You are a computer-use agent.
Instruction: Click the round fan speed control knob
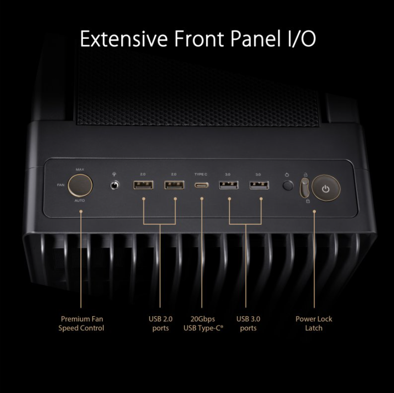point(80,185)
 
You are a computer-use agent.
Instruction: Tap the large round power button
point(326,188)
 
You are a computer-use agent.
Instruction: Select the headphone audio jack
point(115,185)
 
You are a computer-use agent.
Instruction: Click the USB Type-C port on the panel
point(202,185)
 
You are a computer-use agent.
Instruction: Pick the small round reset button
point(288,186)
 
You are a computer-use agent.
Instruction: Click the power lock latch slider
point(304,188)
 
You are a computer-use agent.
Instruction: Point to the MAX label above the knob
point(80,169)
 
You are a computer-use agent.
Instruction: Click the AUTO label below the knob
point(80,200)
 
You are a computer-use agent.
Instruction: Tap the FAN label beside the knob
point(60,185)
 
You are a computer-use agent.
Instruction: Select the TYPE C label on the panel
point(201,174)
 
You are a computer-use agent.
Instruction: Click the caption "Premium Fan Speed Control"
point(81,323)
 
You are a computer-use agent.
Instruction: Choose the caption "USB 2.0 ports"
point(160,323)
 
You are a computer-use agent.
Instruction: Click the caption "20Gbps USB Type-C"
point(203,323)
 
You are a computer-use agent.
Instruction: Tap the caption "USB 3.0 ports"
point(248,323)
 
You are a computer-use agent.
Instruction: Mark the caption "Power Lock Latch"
point(314,323)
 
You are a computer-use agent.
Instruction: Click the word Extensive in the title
point(124,38)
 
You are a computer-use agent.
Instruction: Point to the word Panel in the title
point(255,38)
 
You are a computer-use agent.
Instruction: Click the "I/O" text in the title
point(300,38)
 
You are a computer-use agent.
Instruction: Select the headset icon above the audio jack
point(114,174)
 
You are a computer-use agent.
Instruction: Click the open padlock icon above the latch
point(305,174)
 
